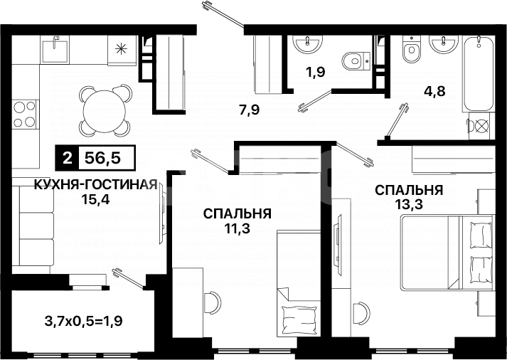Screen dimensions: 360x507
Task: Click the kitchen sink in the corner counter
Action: click(x=55, y=51)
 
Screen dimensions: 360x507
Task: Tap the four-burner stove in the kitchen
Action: click(x=25, y=115)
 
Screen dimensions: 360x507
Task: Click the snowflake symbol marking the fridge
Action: click(x=121, y=50)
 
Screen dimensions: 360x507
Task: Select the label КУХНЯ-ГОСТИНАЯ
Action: click(x=95, y=185)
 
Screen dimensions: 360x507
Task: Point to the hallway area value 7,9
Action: click(x=249, y=110)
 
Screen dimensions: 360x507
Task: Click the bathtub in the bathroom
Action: click(x=480, y=71)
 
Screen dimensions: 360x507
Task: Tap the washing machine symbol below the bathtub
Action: click(x=481, y=128)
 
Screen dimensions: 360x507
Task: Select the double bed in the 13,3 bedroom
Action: click(x=444, y=253)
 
